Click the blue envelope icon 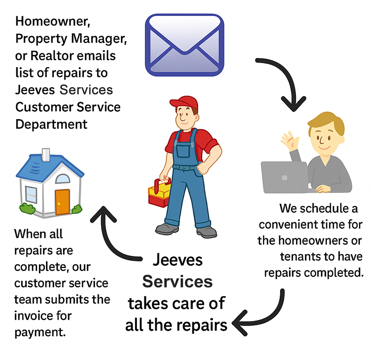[x=185, y=45]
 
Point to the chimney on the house [x=45, y=154]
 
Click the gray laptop [x=284, y=176]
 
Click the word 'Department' [x=51, y=124]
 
